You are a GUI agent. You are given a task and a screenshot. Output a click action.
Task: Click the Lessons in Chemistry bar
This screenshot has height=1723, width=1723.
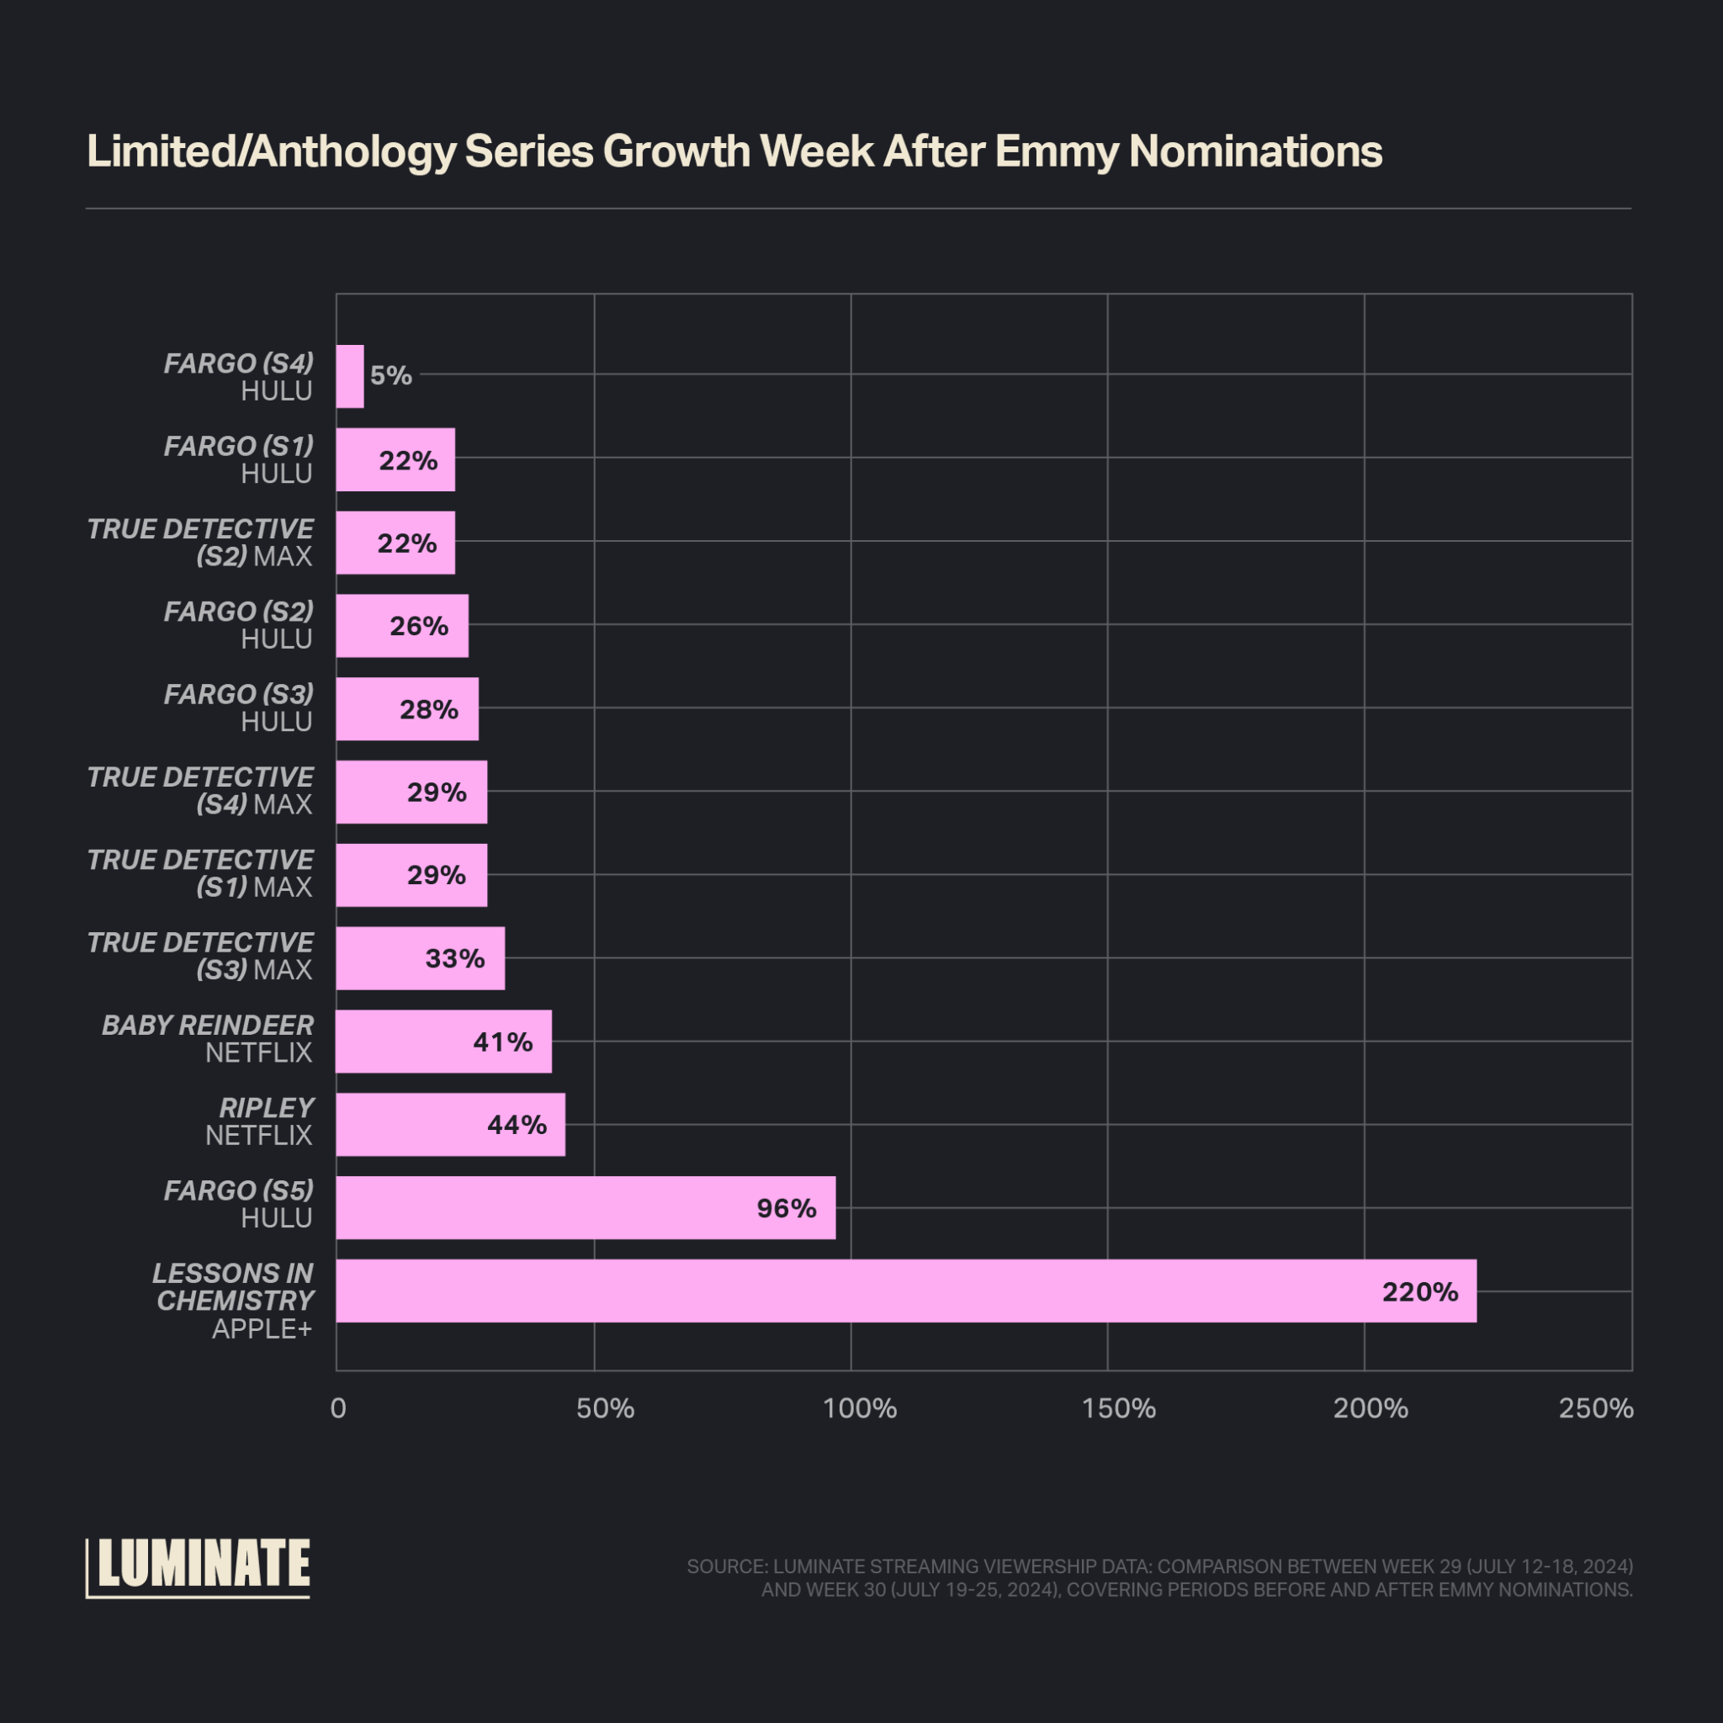click(905, 1291)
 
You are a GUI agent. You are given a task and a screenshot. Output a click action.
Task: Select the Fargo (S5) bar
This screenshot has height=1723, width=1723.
click(585, 1207)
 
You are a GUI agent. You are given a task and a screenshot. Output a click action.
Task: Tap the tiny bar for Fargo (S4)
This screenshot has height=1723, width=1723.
click(350, 376)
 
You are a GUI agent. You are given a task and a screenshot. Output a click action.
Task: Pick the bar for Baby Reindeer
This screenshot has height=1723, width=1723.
click(443, 1041)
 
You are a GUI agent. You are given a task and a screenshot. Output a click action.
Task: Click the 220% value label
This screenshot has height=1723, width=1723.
click(1420, 1291)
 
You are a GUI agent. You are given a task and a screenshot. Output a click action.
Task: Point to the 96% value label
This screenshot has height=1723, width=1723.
click(786, 1207)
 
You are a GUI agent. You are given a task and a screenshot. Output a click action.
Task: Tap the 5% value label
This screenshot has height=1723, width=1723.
click(390, 375)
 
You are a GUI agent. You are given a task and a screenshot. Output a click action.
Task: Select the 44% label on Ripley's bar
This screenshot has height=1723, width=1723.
click(517, 1125)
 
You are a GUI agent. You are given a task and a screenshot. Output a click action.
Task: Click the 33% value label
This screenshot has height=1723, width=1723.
click(455, 959)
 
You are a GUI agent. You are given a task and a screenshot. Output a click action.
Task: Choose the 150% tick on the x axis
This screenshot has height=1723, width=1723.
click(1118, 1408)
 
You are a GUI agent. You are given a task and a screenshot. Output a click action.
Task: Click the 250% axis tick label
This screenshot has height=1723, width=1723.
click(1595, 1408)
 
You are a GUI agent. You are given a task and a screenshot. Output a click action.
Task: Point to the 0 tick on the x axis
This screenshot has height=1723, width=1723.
click(338, 1408)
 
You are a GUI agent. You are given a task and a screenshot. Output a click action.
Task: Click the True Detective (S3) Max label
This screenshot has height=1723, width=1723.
click(201, 956)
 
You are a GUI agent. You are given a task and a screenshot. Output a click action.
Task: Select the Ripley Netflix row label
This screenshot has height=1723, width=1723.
click(258, 1121)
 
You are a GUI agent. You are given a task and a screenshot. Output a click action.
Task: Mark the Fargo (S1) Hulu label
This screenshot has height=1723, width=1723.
click(238, 459)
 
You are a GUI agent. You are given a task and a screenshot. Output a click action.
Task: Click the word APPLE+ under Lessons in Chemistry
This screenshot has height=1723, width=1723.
click(262, 1328)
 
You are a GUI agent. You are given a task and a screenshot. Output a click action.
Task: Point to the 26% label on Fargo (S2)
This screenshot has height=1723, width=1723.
click(418, 626)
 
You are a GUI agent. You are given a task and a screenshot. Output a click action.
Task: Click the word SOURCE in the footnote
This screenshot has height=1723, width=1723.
click(726, 1566)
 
